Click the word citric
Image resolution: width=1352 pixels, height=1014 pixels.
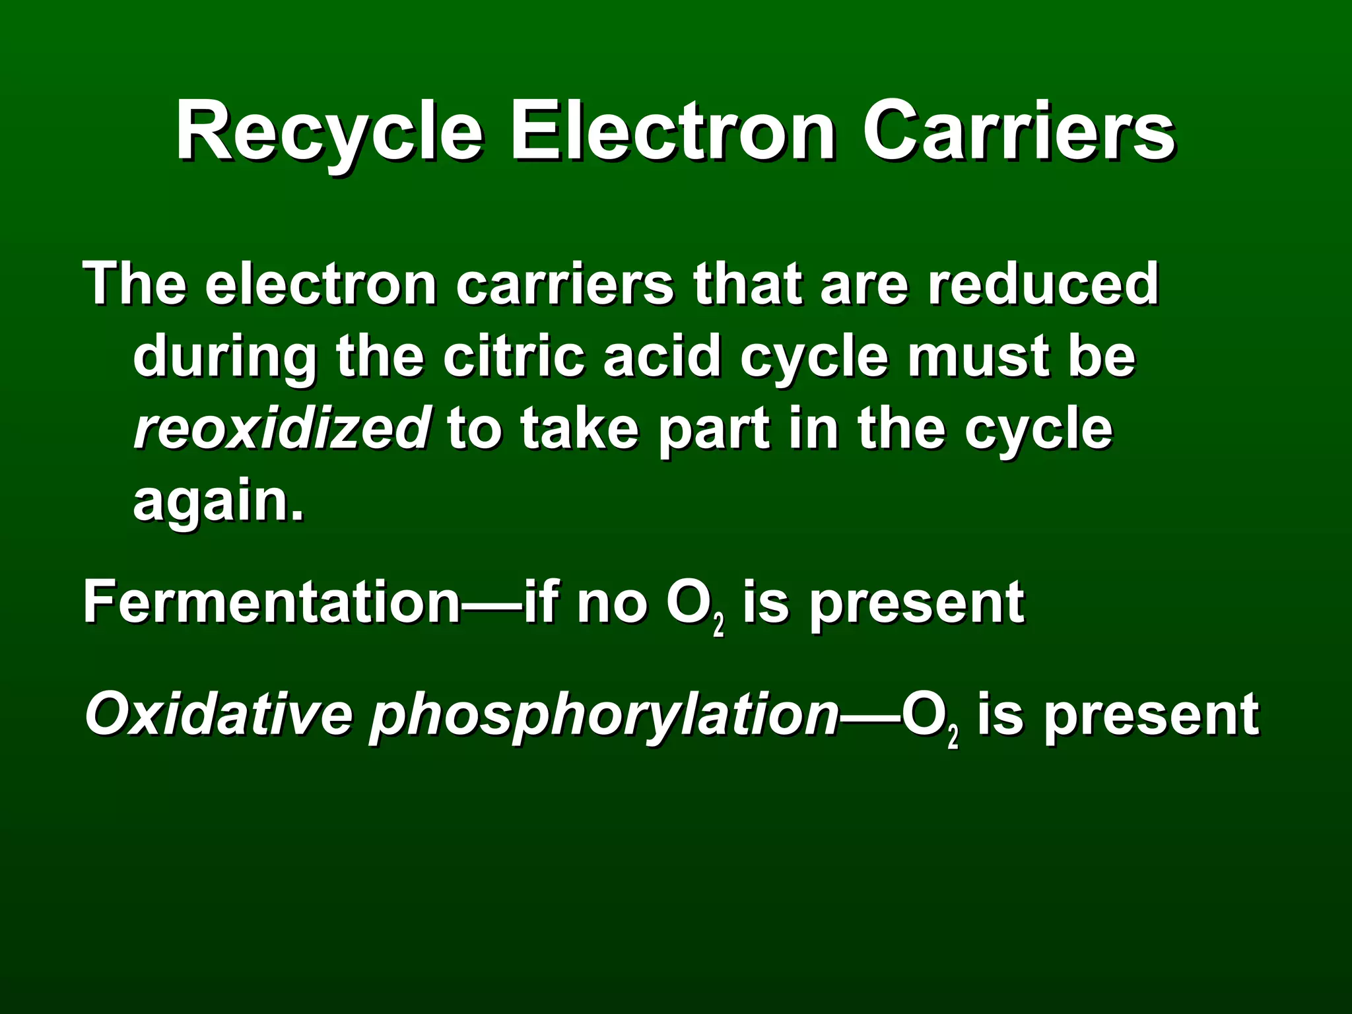[x=514, y=356]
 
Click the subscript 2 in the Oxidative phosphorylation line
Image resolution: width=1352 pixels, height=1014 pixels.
[x=953, y=737]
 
